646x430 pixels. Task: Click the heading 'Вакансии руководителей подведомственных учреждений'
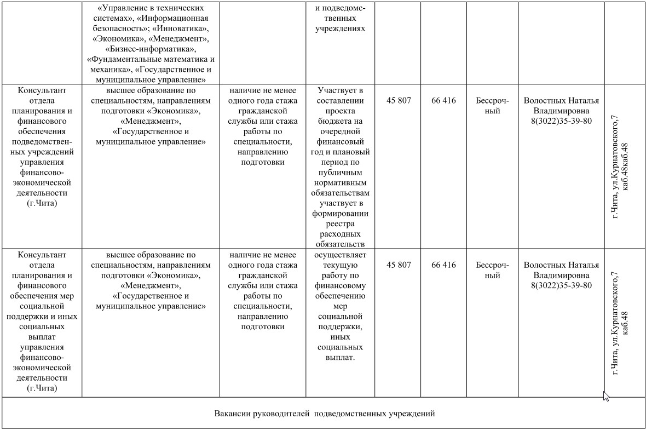[x=324, y=414]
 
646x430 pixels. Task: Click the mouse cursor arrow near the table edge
[x=606, y=396]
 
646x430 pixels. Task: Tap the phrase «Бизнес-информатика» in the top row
[x=151, y=49]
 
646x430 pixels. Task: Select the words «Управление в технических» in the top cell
[x=151, y=8]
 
